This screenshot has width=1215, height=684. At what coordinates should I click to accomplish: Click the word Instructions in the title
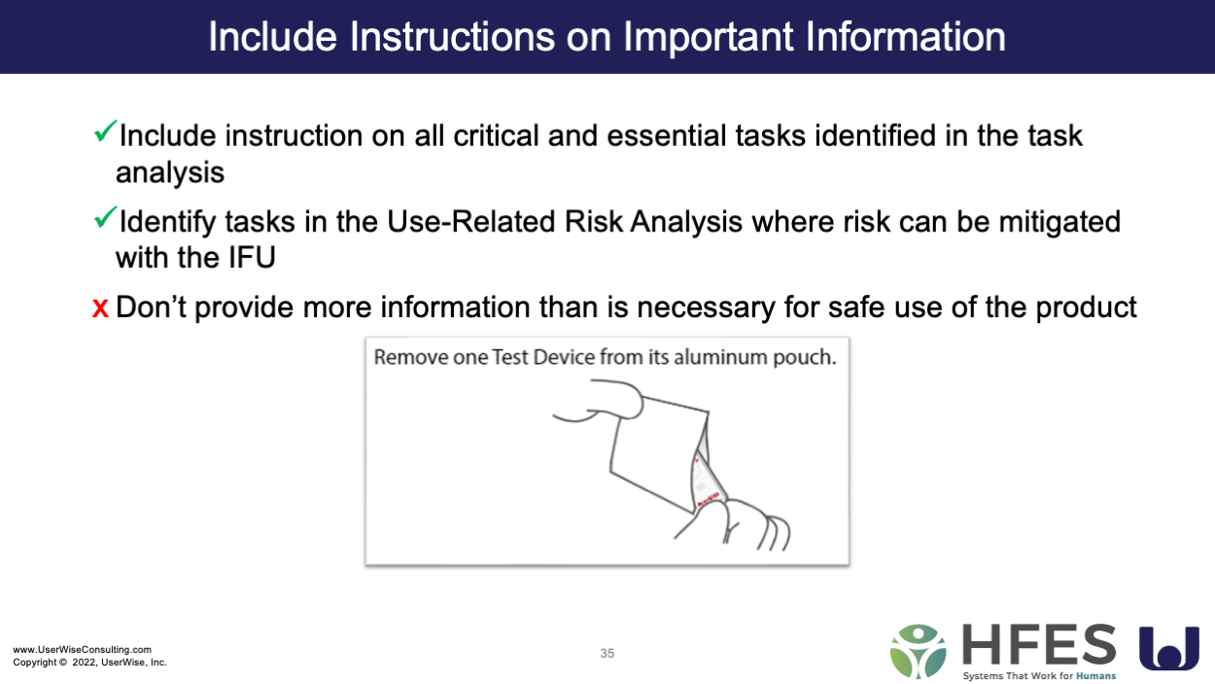pos(452,36)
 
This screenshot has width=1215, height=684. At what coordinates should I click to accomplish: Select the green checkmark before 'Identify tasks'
pos(105,217)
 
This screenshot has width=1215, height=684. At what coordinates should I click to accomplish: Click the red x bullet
pos(100,308)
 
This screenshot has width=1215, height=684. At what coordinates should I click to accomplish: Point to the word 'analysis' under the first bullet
pos(170,172)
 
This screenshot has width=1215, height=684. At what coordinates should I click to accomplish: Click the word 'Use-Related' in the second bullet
pos(470,222)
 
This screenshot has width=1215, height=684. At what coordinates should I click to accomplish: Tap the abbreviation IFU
pos(252,257)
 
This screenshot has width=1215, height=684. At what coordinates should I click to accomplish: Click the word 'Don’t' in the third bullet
pos(151,306)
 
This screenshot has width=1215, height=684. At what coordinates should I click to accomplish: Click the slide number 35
pos(607,653)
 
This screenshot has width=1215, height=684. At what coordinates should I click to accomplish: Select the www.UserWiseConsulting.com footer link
pos(83,649)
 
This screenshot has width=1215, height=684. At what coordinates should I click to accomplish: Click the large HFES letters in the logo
pos(1039,645)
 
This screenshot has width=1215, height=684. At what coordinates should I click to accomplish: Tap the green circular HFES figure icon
pos(918,652)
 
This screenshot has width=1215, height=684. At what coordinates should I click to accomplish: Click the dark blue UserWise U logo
pos(1168,649)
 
